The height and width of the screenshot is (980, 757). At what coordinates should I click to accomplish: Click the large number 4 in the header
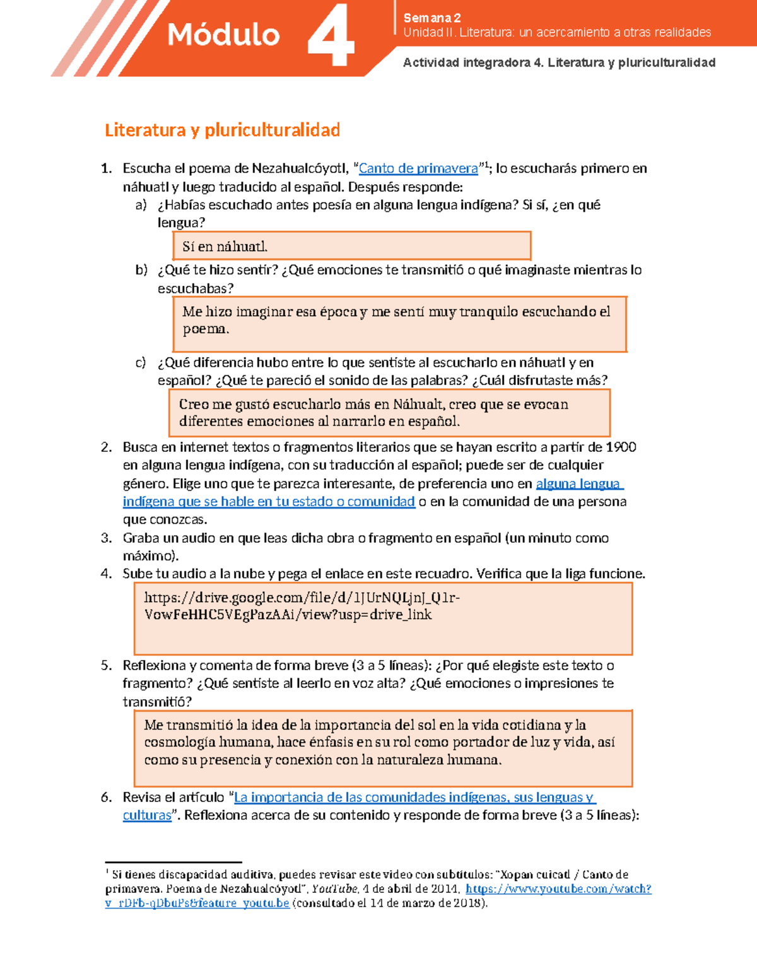[x=331, y=37]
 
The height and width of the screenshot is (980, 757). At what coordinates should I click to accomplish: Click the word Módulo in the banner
[x=223, y=35]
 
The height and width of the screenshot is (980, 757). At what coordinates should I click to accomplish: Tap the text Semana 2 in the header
[x=432, y=18]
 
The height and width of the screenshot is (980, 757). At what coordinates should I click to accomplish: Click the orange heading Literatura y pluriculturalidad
[x=222, y=130]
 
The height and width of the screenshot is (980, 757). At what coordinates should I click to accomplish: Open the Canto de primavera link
[x=418, y=168]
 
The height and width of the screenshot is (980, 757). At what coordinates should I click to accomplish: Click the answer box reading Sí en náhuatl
[x=351, y=246]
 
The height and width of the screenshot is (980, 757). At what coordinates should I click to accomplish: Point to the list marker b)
[x=141, y=270]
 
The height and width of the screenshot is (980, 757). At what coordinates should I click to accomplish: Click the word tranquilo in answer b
[x=488, y=312]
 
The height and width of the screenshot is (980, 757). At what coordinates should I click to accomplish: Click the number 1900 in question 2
[x=621, y=447]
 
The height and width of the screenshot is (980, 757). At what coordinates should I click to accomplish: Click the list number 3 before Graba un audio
[x=106, y=538]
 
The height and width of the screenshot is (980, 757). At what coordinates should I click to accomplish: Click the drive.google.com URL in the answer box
[x=302, y=606]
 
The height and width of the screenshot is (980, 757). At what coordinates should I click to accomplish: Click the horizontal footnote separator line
[x=173, y=862]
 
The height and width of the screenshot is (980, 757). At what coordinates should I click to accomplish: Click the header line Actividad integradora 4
[x=559, y=62]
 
